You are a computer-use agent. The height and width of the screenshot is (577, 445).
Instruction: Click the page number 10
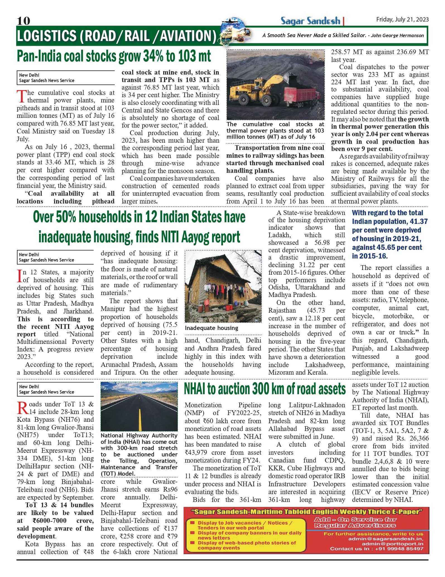point(23,21)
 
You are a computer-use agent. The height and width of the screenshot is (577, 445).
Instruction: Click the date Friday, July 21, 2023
point(402,20)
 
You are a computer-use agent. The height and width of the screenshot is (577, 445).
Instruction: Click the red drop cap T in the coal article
point(21,96)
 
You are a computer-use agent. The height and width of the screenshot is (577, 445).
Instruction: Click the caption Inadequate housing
point(211,328)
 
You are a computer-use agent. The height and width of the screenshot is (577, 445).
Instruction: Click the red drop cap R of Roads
point(23,408)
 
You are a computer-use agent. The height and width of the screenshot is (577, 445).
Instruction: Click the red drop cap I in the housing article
point(20,276)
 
